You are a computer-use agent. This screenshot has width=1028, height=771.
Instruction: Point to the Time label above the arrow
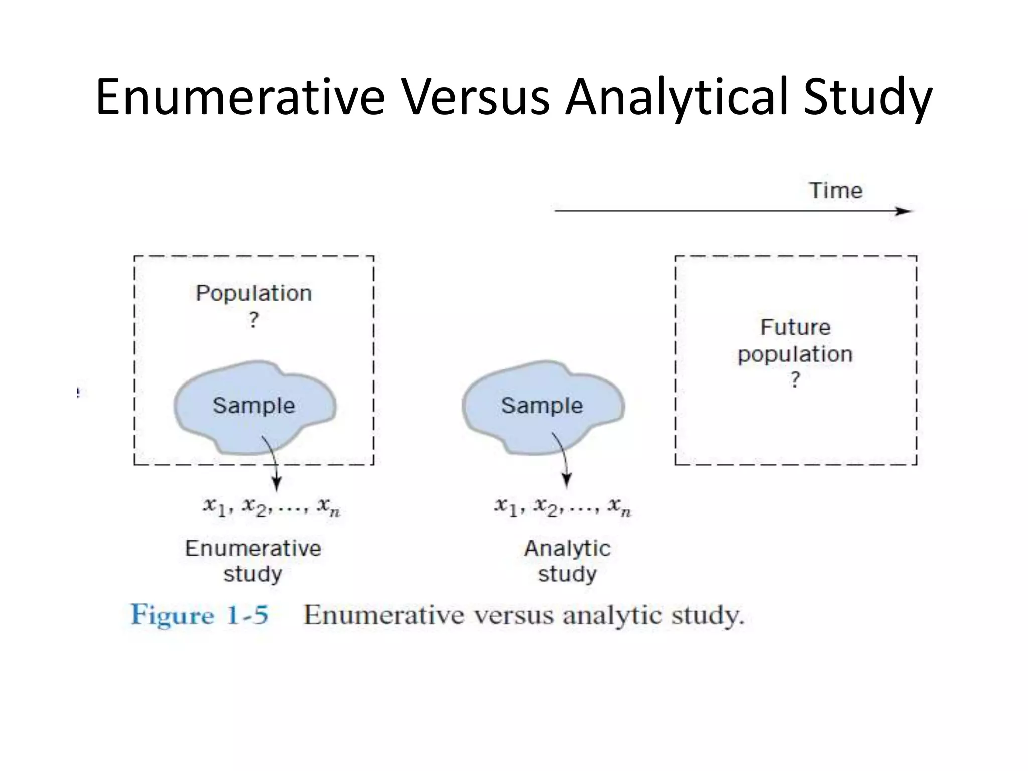(836, 191)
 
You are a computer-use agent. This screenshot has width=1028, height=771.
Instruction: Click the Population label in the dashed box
(253, 293)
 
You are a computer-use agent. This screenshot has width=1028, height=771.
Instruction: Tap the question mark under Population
(254, 320)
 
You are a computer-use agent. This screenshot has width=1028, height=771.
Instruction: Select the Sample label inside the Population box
(253, 406)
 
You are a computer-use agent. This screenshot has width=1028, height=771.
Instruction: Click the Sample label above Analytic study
(542, 406)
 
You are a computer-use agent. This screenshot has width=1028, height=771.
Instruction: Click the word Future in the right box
(796, 327)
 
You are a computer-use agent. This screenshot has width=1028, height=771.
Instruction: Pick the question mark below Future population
(795, 380)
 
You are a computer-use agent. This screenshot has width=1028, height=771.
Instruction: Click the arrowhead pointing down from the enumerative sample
(276, 484)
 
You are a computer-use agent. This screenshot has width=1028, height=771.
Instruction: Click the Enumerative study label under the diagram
(253, 561)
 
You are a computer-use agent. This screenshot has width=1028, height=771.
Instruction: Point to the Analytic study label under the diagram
(567, 561)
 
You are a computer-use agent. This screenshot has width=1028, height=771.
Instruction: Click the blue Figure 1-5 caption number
(199, 615)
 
